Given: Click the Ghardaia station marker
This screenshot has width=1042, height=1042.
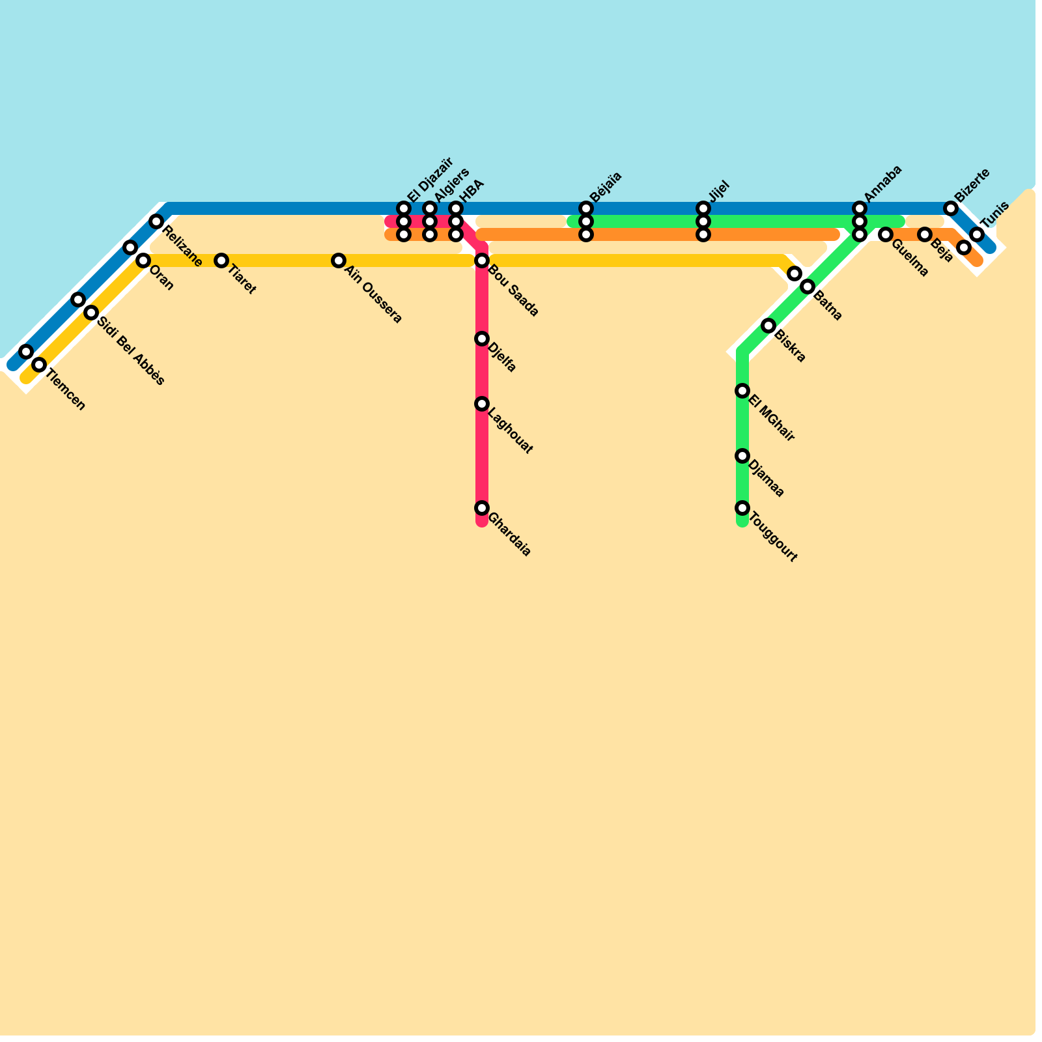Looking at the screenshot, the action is (482, 508).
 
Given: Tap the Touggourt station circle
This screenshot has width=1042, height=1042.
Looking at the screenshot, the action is (742, 508).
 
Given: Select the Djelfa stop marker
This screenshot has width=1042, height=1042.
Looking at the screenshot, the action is (482, 339).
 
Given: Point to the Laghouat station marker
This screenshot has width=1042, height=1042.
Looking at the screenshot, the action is (482, 404).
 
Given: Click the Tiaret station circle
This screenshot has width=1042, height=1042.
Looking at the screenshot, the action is (221, 260).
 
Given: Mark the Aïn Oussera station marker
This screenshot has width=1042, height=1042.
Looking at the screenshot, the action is (339, 260).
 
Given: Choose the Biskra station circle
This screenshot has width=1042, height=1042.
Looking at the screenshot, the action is (768, 326).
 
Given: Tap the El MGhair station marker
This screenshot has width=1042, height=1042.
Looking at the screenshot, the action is (742, 391).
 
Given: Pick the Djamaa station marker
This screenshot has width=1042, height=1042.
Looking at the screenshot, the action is (742, 456).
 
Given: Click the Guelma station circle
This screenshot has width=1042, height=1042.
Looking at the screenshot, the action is (886, 234).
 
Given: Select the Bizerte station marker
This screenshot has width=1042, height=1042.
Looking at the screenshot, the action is (951, 208).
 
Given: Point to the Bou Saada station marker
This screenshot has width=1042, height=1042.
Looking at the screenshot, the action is (482, 260).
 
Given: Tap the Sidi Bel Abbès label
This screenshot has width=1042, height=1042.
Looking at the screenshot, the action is (131, 346).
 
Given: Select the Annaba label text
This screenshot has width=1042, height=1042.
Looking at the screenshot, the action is (883, 183).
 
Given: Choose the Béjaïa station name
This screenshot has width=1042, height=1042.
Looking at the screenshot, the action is (606, 187).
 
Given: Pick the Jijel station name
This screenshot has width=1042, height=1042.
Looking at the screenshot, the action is (719, 192).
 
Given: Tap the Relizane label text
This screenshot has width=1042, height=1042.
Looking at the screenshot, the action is (182, 246).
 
